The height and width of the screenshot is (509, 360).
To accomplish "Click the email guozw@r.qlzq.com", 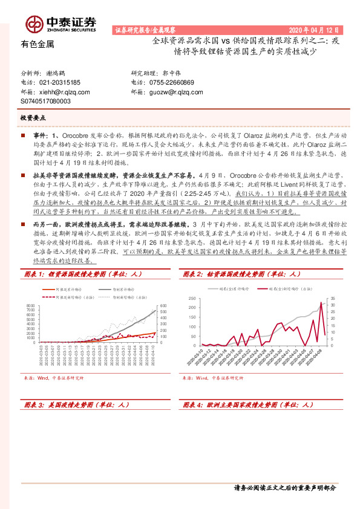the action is click(x=177, y=92).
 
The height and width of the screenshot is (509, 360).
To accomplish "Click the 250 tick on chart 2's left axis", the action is click(x=192, y=299).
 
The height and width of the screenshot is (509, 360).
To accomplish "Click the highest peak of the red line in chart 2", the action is click(x=320, y=302).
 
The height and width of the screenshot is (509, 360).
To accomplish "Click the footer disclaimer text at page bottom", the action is click(x=284, y=487).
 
